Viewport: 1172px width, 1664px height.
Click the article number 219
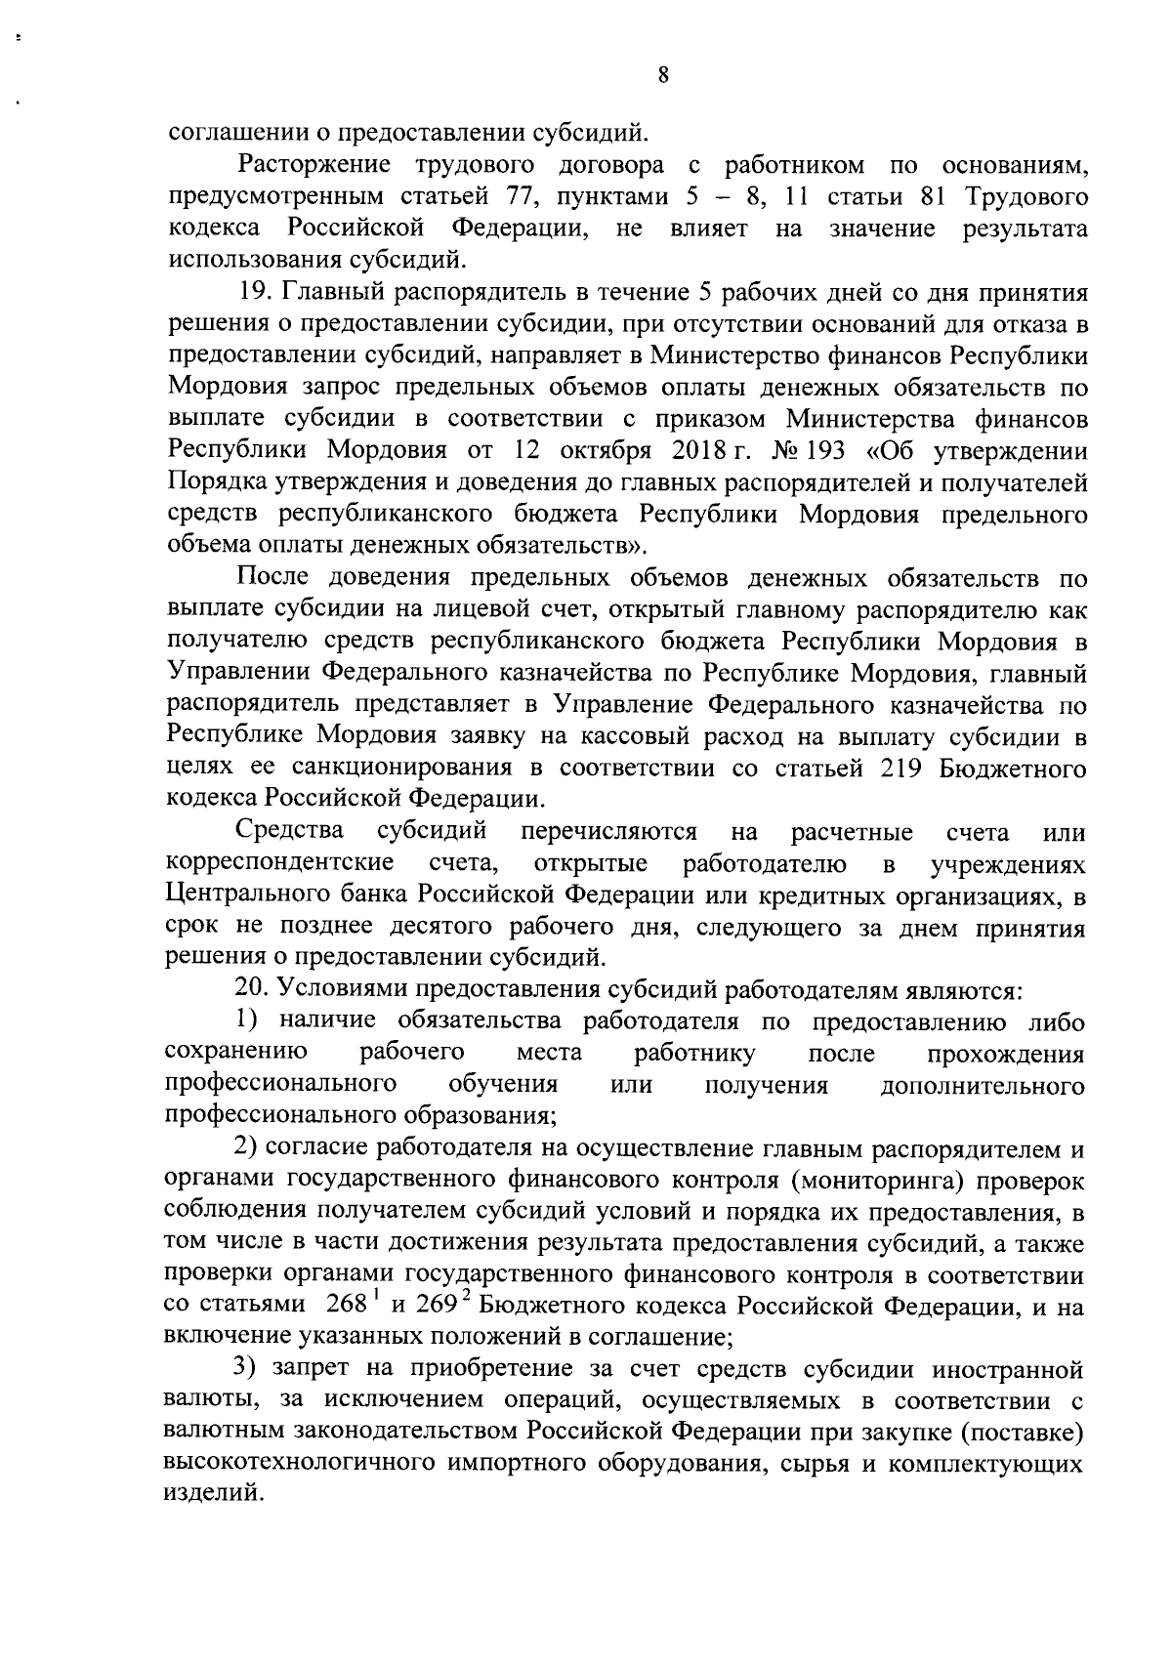(x=899, y=769)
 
